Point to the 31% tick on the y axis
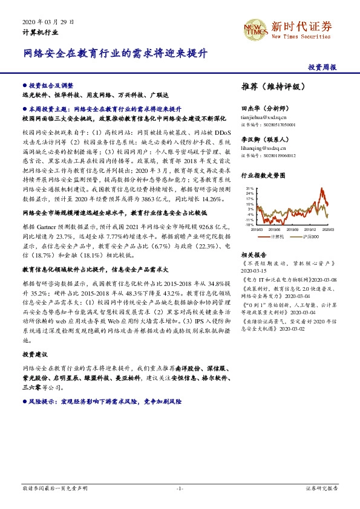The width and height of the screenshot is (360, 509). click(x=249, y=189)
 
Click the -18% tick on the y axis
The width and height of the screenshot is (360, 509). click(x=249, y=224)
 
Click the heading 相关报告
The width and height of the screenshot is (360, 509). click(x=254, y=256)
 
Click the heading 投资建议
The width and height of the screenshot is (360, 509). click(x=35, y=355)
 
